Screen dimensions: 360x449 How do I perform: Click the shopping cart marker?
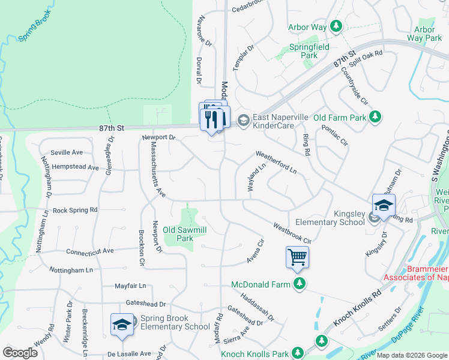click(297, 257)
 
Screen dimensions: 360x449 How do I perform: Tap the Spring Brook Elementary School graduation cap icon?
click(122, 325)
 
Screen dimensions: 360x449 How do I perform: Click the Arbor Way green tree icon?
click(337, 26)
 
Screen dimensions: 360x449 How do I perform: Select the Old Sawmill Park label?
click(185, 234)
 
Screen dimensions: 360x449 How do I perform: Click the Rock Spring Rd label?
click(75, 211)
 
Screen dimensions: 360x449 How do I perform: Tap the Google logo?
click(20, 353)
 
